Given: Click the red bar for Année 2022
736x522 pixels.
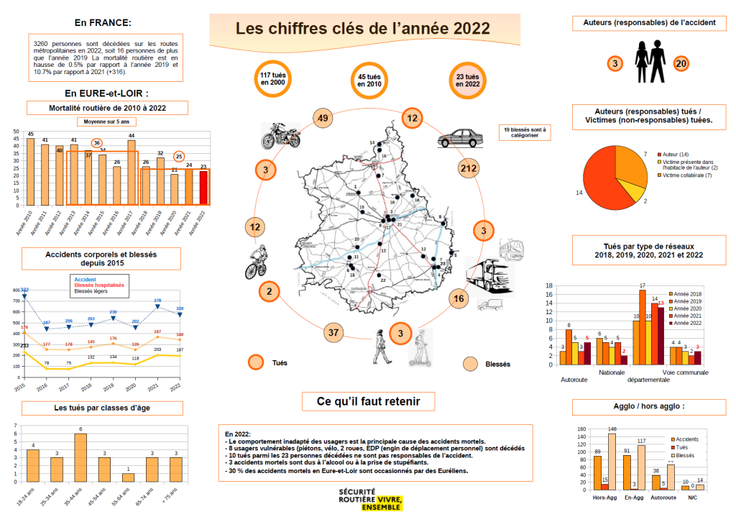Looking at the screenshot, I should (203, 188).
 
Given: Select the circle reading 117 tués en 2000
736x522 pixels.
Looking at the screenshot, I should (274, 79).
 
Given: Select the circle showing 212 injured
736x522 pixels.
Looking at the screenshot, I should (468, 168).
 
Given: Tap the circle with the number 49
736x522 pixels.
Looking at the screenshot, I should (323, 119).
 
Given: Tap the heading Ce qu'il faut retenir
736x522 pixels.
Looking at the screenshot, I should (368, 401).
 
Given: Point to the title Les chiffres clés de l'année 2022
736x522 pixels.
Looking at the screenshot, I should (363, 28).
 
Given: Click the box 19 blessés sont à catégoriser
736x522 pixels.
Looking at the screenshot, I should (525, 132).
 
